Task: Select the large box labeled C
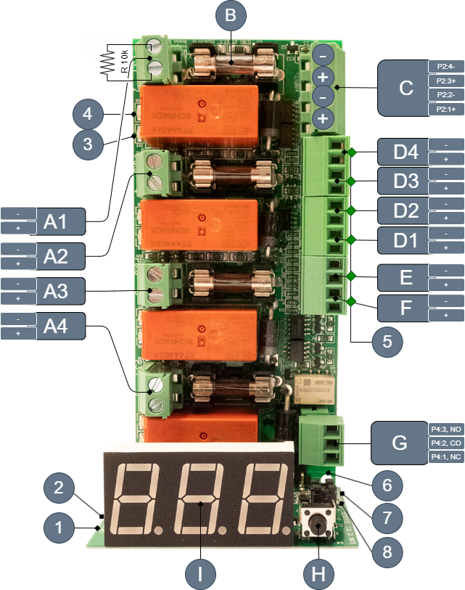pos(406,88)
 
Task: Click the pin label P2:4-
pos(446,66)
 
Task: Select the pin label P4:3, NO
pos(445,430)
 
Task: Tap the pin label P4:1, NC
pos(445,457)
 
